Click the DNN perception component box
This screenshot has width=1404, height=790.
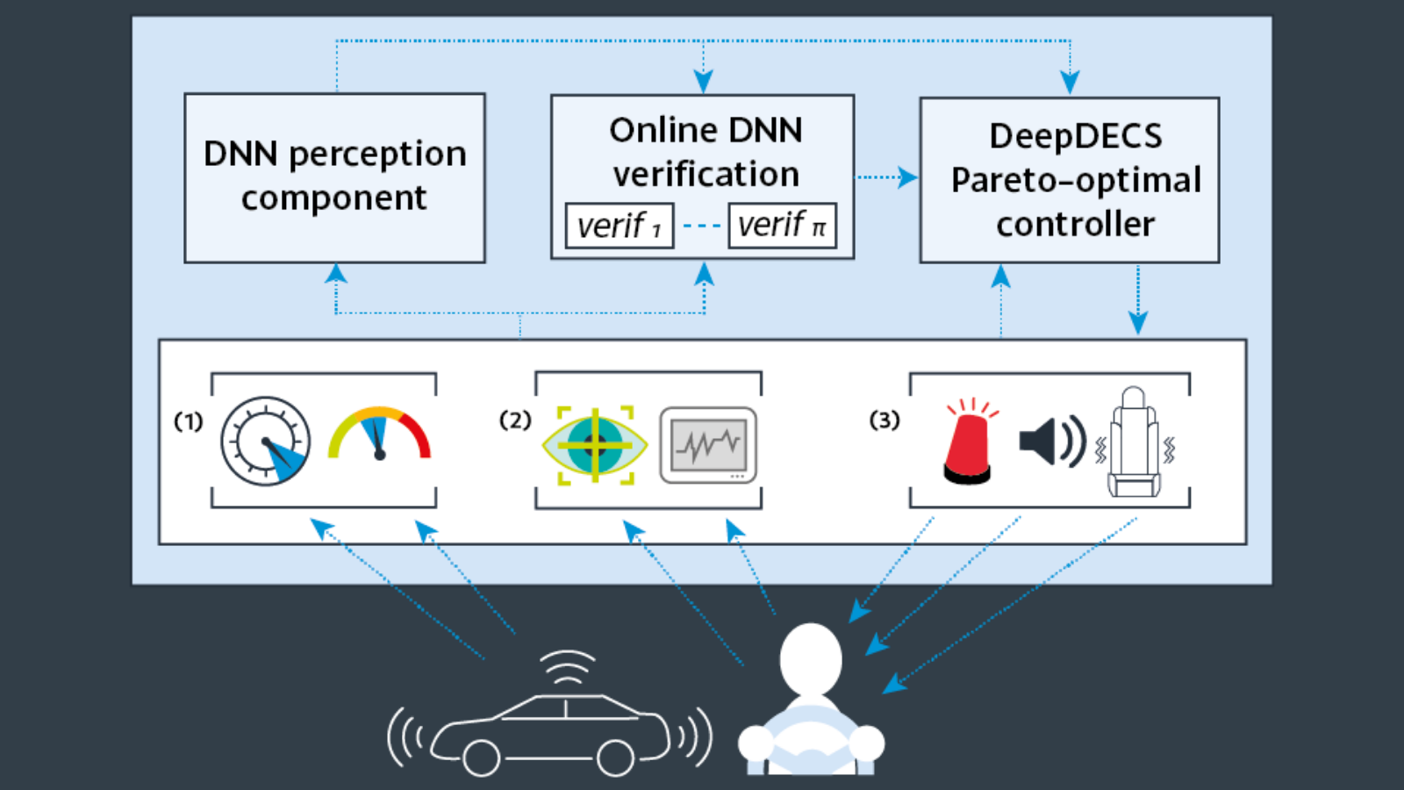pyautogui.click(x=334, y=177)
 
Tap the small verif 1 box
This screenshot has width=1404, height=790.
pyautogui.click(x=619, y=226)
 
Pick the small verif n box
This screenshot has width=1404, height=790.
pyautogui.click(x=782, y=226)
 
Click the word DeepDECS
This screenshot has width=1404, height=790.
pyautogui.click(x=1075, y=136)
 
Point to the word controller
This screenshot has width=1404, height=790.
pyautogui.click(x=1075, y=225)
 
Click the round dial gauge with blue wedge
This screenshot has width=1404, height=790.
pyautogui.click(x=265, y=442)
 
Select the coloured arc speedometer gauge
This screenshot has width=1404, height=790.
pyautogui.click(x=379, y=434)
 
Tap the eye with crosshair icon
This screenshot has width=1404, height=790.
pyautogui.click(x=595, y=445)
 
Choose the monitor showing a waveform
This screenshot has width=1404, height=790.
pyautogui.click(x=708, y=445)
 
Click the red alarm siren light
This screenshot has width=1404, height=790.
pyautogui.click(x=969, y=443)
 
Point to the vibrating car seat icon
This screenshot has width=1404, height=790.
pyautogui.click(x=1134, y=443)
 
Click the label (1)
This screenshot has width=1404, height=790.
pyautogui.click(x=188, y=421)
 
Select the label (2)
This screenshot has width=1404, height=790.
pyautogui.click(x=515, y=420)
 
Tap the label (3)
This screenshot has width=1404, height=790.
pyautogui.click(x=885, y=420)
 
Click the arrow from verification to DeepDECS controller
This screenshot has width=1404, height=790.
pyautogui.click(x=886, y=177)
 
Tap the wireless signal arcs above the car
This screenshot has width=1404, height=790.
pyautogui.click(x=567, y=667)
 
